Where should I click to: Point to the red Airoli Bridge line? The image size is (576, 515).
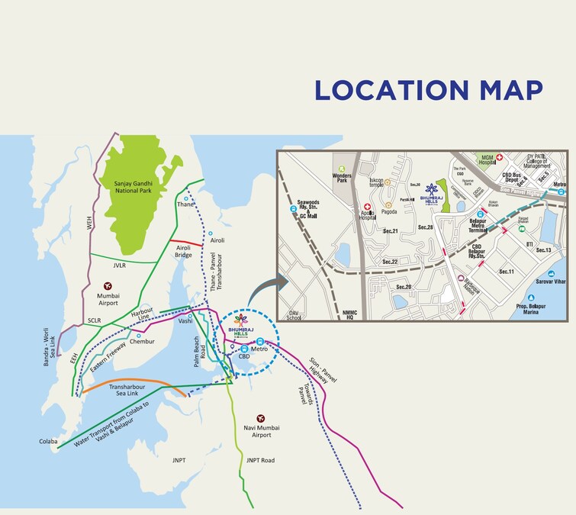click(190, 244)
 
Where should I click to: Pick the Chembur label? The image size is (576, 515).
click(142, 341)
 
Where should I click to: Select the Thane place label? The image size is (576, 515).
click(185, 204)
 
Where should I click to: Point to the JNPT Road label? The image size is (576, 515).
click(260, 460)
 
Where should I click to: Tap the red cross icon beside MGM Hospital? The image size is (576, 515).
click(500, 159)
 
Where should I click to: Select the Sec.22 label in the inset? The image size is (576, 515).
click(390, 262)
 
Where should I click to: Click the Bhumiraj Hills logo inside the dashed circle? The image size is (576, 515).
click(240, 323)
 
